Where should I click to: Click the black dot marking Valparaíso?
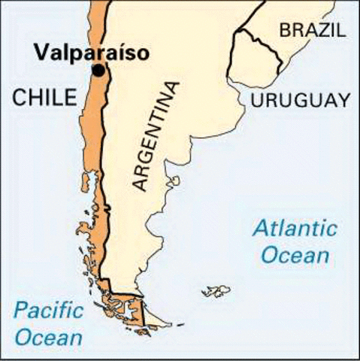(98, 71)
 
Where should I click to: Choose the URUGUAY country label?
(301, 100)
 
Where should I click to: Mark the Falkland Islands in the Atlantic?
(216, 290)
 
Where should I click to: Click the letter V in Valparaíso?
(41, 53)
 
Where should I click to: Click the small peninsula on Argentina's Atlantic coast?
(175, 181)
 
